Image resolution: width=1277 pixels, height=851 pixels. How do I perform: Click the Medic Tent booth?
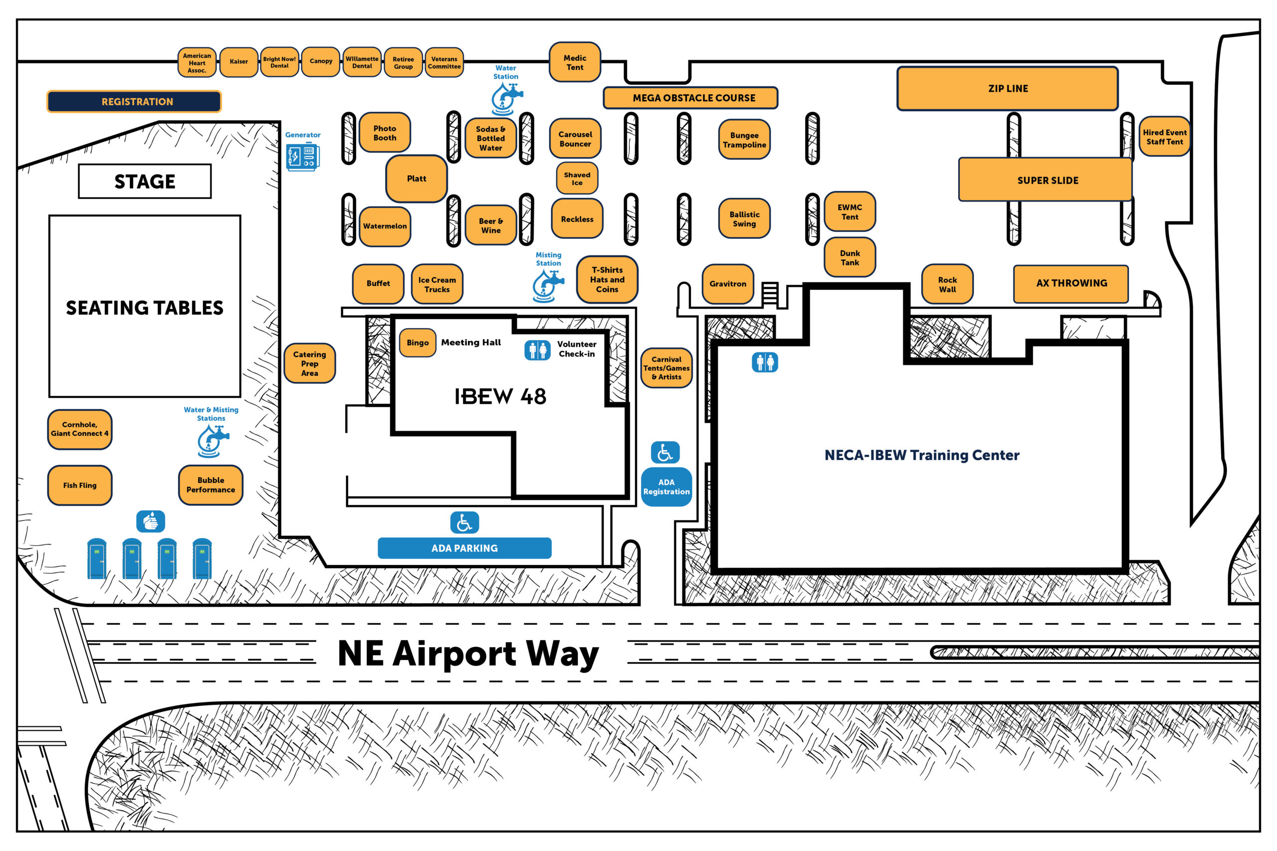tap(575, 62)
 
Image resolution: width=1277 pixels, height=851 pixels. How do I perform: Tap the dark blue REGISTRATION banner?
tap(134, 102)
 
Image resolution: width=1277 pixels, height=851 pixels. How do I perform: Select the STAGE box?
tap(145, 181)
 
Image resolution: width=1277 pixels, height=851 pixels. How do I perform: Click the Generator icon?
tap(303, 157)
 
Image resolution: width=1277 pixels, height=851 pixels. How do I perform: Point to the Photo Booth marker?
tap(385, 133)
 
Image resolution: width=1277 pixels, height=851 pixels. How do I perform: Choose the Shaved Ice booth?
tap(577, 178)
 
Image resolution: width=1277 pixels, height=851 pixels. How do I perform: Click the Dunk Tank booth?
tap(850, 257)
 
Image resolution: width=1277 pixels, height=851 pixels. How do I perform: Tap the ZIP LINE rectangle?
tap(1008, 88)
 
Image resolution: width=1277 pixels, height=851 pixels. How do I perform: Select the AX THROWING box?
tap(1071, 283)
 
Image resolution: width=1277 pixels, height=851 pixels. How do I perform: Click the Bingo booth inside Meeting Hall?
tap(418, 342)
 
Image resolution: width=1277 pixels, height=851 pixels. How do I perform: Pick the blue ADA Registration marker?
tap(666, 487)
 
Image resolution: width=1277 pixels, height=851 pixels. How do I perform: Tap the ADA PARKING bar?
tap(465, 548)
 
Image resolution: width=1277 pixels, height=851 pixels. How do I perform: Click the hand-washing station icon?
tap(150, 521)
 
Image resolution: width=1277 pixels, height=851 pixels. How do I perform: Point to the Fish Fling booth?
tap(80, 485)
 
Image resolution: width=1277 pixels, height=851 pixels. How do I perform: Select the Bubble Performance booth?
tap(211, 485)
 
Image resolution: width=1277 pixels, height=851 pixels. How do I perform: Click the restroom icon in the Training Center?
tap(765, 362)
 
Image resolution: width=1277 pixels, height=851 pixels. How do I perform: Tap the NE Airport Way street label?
tap(468, 654)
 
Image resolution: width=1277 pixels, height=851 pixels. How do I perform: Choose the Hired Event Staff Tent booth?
tap(1164, 137)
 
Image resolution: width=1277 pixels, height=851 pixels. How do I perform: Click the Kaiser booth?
tap(239, 61)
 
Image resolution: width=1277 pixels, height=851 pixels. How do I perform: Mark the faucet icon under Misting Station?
tap(548, 286)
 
